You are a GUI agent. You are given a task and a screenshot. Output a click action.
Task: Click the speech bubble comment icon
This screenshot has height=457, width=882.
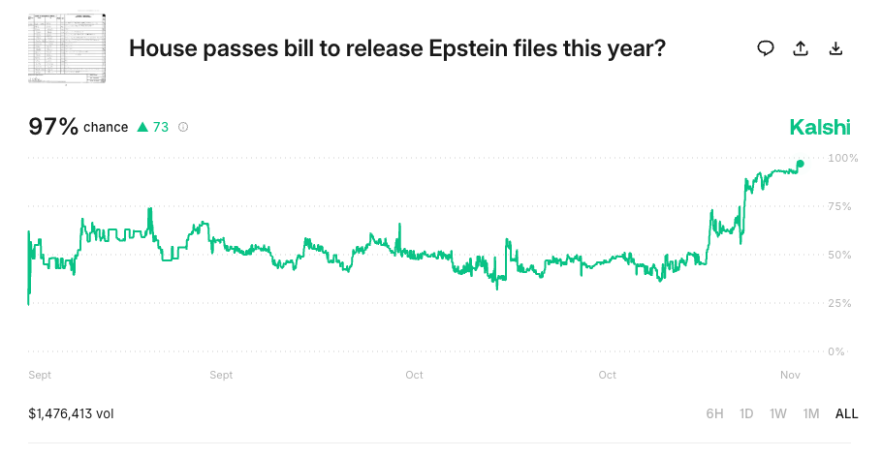point(766,48)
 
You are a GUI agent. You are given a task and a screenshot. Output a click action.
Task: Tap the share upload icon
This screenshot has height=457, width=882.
point(801,48)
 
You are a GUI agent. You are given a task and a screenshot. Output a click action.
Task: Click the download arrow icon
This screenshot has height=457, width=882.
point(835,48)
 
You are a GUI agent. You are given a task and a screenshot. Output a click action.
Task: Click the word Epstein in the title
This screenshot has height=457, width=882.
point(468,48)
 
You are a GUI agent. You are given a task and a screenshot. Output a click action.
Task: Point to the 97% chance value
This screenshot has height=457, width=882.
point(53,126)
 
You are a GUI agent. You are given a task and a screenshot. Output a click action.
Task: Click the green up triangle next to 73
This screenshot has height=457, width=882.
point(142,127)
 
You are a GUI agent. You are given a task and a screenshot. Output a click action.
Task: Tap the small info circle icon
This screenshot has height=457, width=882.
point(183,127)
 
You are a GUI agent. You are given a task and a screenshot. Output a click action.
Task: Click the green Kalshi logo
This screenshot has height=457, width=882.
point(820,127)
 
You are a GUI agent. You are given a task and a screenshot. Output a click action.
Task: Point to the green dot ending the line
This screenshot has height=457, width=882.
point(800,164)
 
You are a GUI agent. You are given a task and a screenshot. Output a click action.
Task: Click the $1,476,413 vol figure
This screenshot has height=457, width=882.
point(71,413)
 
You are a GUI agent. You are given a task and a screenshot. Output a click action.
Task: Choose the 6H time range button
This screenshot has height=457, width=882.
point(714,413)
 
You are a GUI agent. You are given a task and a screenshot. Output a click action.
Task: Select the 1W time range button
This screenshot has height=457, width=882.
point(778,413)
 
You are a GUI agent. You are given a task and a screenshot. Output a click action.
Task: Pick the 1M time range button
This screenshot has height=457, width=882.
point(811,413)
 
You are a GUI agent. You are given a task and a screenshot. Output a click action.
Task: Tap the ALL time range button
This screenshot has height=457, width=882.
point(846,413)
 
